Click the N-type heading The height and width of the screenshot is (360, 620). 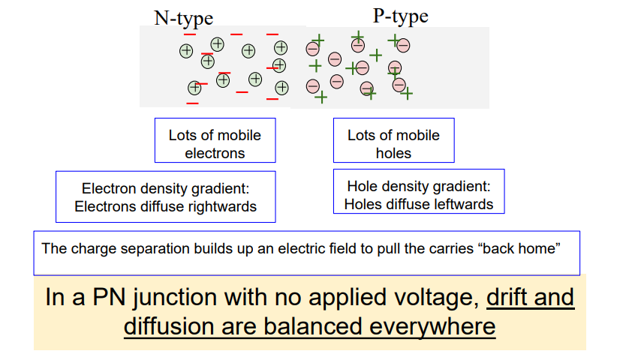tap(183, 19)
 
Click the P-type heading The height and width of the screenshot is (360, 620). tap(401, 16)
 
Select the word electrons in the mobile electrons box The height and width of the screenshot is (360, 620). tap(215, 153)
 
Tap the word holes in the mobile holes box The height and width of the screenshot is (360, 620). tap(393, 153)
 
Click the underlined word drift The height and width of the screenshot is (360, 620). tap(507, 297)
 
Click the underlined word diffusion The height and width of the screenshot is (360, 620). tap(169, 327)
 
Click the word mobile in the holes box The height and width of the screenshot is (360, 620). tap(417, 135)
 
